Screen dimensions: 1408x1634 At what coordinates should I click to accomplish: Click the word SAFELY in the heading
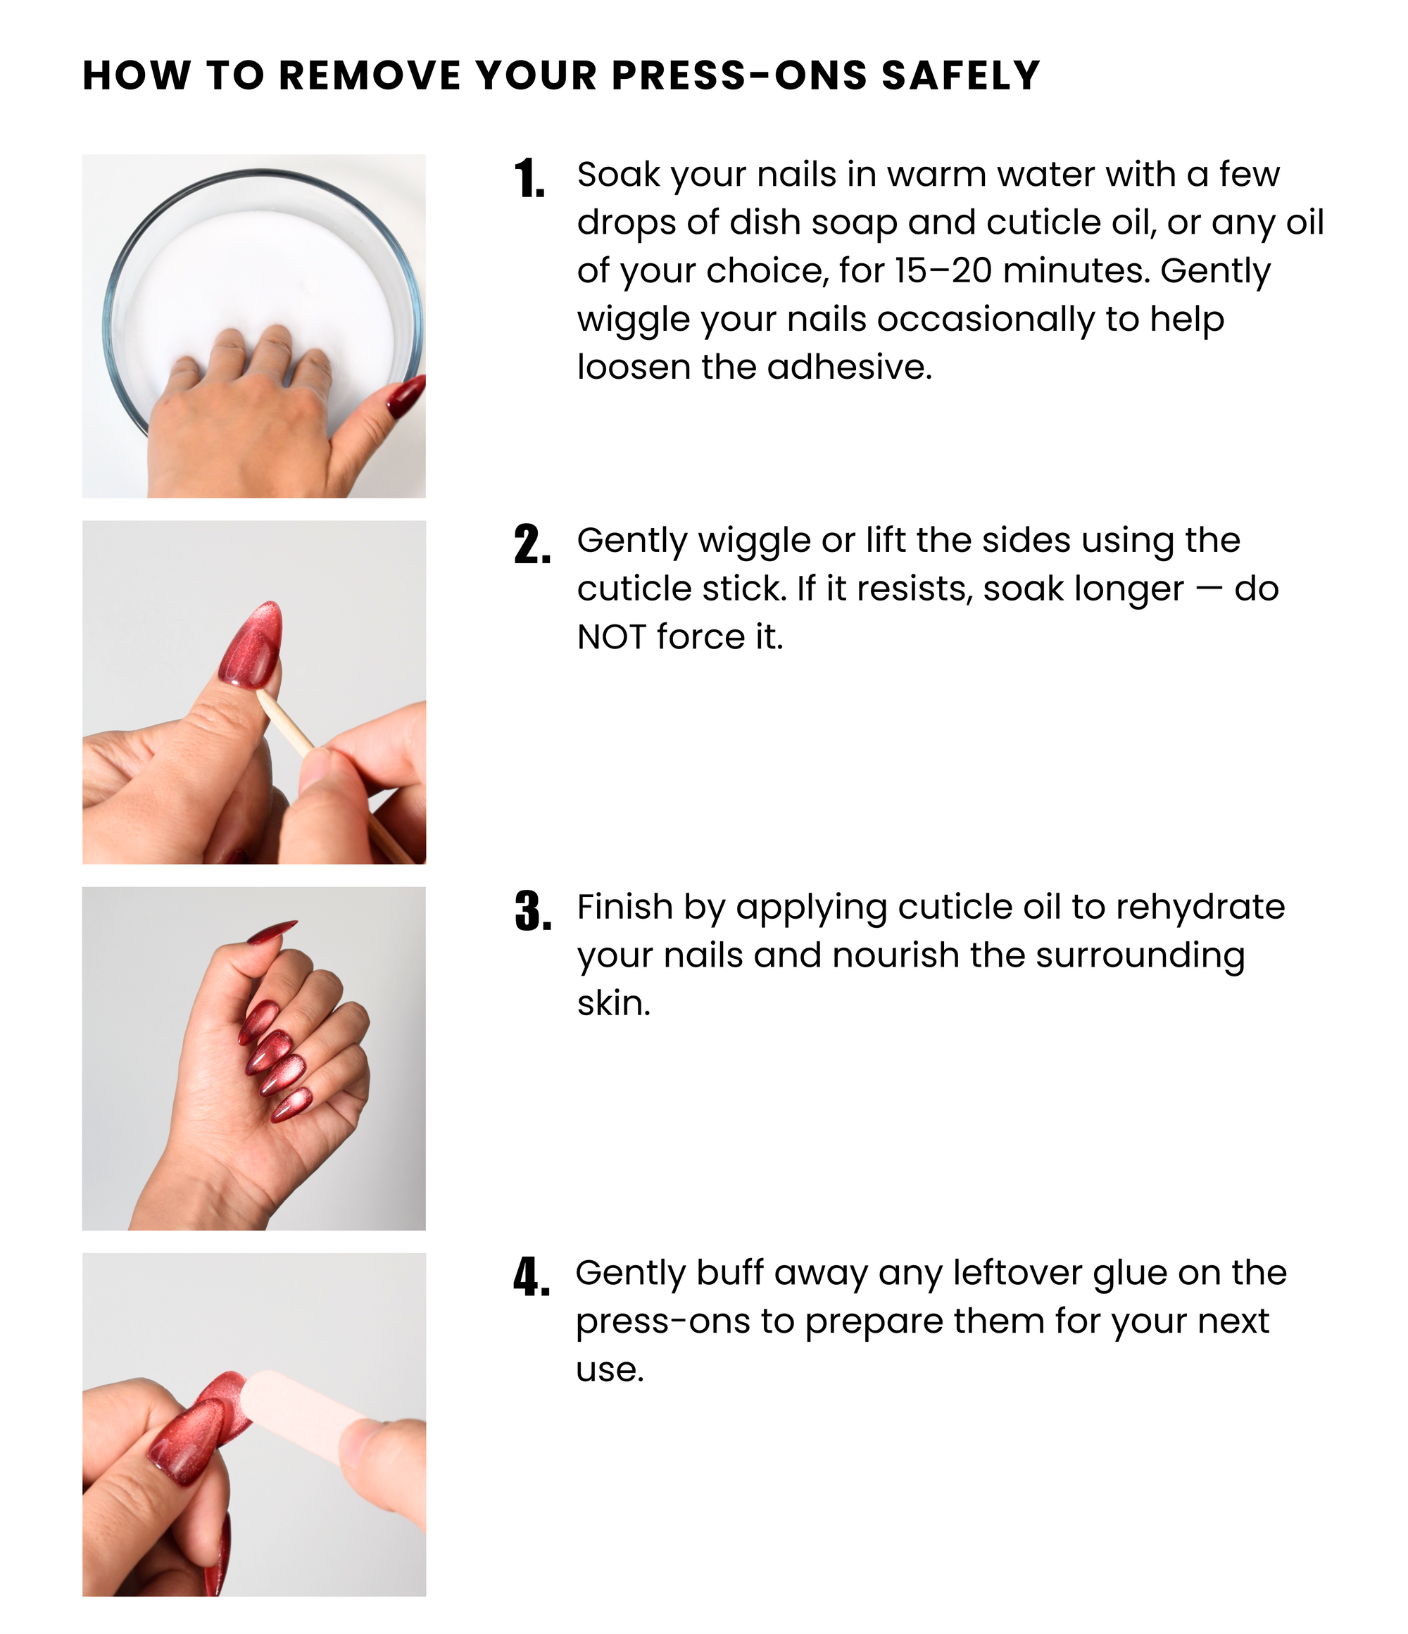click(961, 76)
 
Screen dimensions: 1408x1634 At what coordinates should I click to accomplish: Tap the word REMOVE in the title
click(369, 76)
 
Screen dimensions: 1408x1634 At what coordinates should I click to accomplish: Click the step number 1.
click(529, 179)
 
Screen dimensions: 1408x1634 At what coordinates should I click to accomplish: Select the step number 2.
click(532, 545)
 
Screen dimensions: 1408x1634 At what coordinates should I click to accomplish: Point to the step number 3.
click(532, 912)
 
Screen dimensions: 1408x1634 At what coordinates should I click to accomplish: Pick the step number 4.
click(531, 1278)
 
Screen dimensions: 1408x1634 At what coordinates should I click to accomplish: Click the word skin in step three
click(614, 1004)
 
